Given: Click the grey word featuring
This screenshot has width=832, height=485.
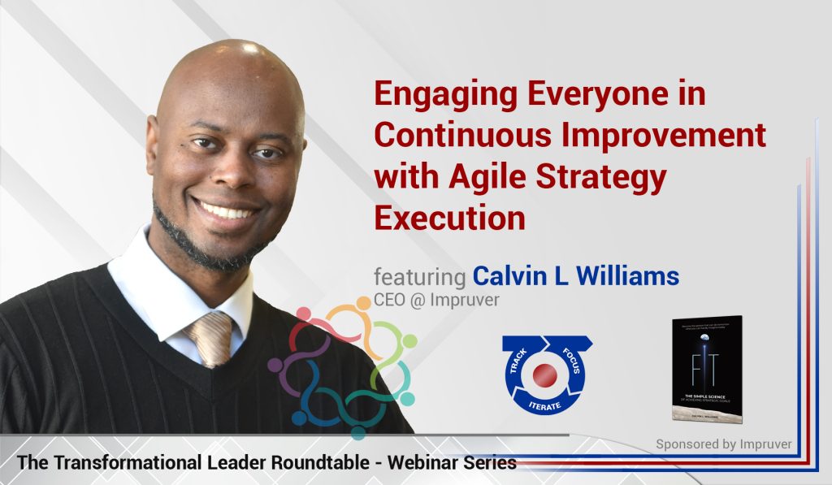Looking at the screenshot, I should [419, 278].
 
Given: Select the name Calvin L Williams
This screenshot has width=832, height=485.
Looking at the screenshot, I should [575, 277].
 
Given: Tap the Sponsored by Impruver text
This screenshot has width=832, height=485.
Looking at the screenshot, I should [722, 444].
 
